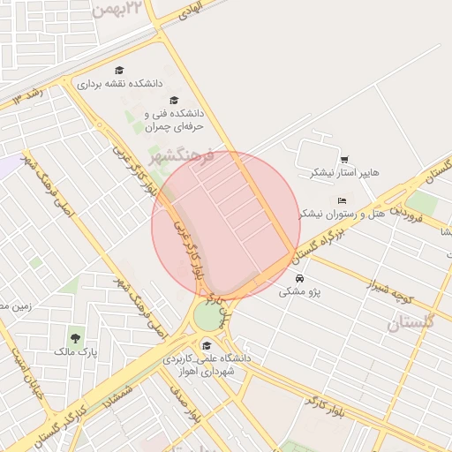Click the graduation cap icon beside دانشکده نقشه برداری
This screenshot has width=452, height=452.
click(x=119, y=71)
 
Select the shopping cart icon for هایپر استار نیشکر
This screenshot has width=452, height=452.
click(x=343, y=159)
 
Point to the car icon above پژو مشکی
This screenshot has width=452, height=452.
click(x=299, y=278)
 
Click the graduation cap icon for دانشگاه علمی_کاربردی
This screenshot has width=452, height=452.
click(x=207, y=345)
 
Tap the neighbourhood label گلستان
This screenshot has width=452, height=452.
click(x=411, y=322)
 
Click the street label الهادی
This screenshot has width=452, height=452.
click(x=189, y=11)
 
